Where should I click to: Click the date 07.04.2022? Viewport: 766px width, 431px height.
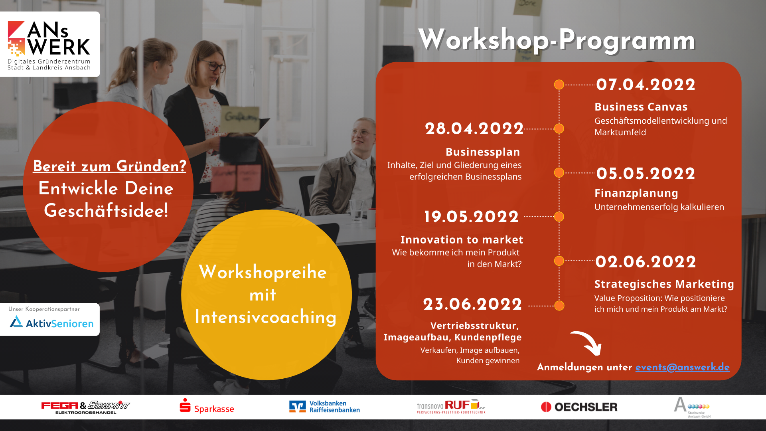646,85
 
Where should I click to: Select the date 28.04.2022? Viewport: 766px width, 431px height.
474,129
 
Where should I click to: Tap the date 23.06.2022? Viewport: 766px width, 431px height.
472,304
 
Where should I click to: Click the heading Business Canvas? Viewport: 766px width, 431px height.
641,107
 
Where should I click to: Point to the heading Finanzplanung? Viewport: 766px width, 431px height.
636,193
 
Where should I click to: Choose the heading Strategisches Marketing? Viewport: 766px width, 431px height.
664,284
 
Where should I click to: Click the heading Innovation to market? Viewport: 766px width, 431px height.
462,239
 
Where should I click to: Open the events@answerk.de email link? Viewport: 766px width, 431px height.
682,367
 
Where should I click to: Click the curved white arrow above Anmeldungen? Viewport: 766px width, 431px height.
586,342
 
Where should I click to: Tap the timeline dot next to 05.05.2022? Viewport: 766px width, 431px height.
559,173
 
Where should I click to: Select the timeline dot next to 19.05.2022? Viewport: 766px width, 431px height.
559,217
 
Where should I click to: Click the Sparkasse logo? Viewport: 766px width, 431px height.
207,406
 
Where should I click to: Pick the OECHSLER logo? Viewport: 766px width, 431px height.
579,407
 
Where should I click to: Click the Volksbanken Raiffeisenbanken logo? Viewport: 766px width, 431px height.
324,407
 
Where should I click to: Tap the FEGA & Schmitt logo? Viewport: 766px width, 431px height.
85,407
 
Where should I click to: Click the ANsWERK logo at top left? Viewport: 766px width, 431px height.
49,44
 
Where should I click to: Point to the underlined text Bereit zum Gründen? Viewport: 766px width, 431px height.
109,166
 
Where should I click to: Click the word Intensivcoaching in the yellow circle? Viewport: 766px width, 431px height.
266,317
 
